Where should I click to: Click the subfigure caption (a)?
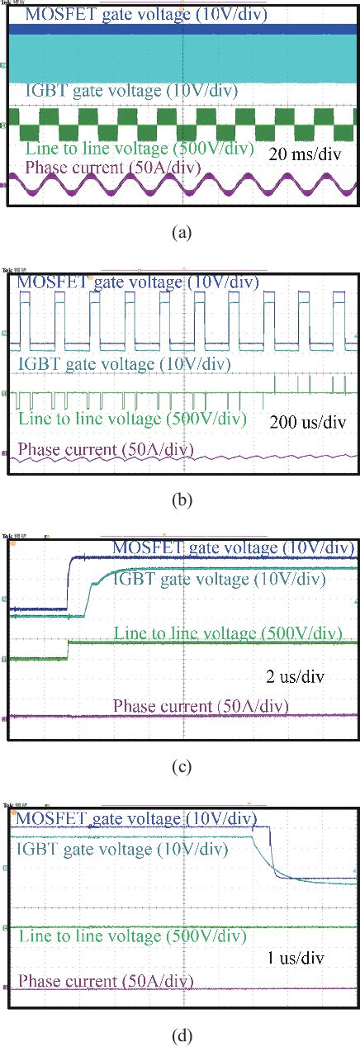click(180, 233)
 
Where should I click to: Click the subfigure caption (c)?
click(180, 766)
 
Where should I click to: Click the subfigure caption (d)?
click(180, 1032)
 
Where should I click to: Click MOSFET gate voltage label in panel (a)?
click(146, 14)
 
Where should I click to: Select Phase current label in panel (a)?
click(113, 168)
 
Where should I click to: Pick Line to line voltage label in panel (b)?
click(131, 419)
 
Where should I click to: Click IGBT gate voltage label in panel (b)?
click(123, 363)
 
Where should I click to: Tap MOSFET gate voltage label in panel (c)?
click(233, 547)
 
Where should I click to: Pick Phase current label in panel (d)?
click(105, 981)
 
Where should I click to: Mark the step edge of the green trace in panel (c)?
click(68, 650)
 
